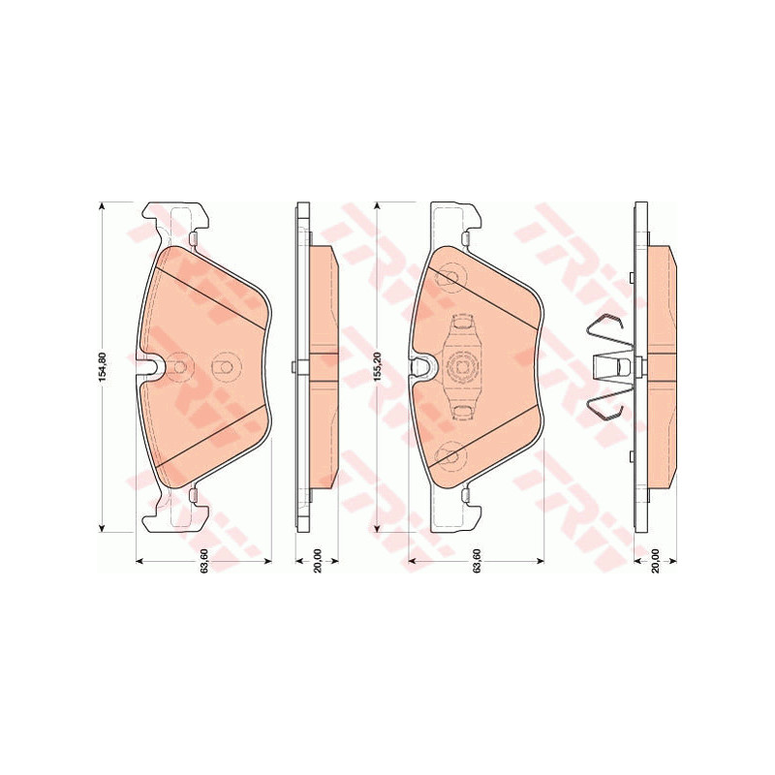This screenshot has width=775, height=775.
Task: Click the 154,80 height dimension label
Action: tap(103, 367)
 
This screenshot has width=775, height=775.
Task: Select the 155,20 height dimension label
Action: tap(378, 367)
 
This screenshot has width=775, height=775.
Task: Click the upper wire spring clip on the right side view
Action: tap(607, 332)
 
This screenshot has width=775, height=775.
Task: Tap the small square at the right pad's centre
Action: tap(462, 367)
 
